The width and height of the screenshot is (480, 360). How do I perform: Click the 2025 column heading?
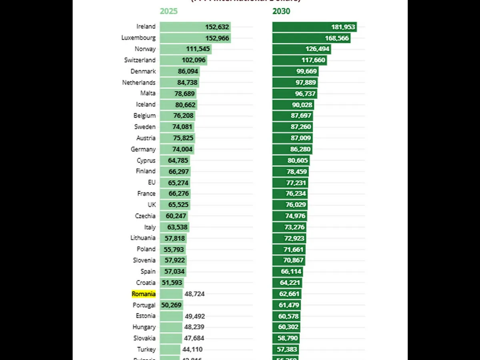tap(168, 11)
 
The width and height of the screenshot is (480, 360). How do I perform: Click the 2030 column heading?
tap(281, 11)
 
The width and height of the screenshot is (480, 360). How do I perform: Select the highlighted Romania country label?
tap(144, 294)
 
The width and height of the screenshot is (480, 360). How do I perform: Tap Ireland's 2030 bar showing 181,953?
tap(314, 27)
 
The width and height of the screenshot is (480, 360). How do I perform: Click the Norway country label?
tap(145, 49)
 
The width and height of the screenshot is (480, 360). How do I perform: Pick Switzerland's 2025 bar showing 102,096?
tap(183, 60)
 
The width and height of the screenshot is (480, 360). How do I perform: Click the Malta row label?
tap(148, 93)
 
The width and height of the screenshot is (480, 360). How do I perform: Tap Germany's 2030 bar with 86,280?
tap(292, 149)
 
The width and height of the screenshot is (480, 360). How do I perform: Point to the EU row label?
tap(152, 182)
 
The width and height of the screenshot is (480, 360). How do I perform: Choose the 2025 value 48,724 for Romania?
tap(194, 294)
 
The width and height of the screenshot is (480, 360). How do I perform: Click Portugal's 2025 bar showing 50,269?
tap(171, 305)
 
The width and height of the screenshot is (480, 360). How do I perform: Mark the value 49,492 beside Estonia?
tap(194, 316)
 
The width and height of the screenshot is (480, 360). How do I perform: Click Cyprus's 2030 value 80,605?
tap(297, 160)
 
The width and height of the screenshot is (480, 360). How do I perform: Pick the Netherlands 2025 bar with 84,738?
tap(179, 83)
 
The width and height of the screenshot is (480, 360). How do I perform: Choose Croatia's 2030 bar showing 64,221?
tap(287, 283)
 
